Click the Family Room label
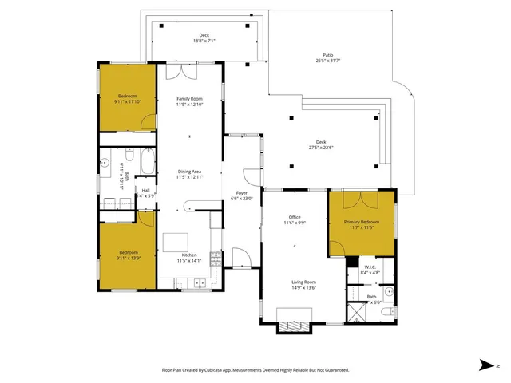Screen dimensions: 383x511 190,98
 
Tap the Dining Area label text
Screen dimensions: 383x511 190,171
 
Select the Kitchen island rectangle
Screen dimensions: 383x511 176,242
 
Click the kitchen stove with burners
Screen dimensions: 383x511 215,258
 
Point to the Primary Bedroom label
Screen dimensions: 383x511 362,222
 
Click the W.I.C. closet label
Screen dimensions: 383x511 369,267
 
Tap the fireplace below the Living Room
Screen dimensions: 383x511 291,327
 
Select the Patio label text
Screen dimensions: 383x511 322,55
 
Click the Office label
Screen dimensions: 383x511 295,218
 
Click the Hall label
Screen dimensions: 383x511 146,190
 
